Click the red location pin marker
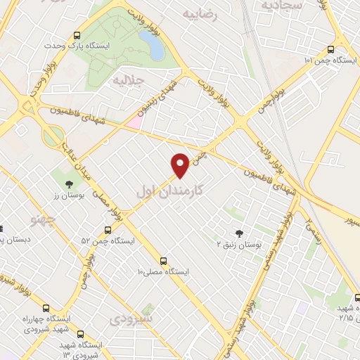coord(181,164)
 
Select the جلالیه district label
coord(128,81)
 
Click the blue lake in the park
coord(153,46)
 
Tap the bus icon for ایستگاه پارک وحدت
coord(77,36)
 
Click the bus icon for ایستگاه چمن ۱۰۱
coord(331,50)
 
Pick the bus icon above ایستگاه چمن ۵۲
coord(108,230)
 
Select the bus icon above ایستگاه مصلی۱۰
coord(163,260)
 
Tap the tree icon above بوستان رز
coord(69,184)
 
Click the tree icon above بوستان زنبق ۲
coord(239,233)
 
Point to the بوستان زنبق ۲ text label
coord(239,245)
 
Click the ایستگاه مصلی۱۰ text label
coord(163,271)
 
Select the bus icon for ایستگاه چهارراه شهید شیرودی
coord(46,308)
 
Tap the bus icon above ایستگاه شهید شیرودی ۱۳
coord(80,334)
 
